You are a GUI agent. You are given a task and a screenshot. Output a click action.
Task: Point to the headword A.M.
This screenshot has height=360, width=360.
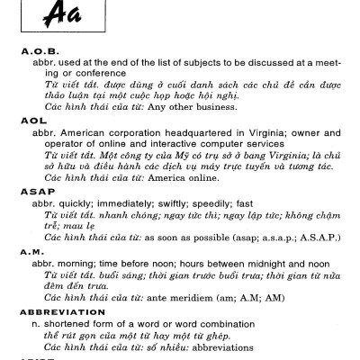(x=32, y=255)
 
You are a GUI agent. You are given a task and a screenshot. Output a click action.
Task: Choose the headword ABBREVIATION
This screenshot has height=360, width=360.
(x=62, y=313)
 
